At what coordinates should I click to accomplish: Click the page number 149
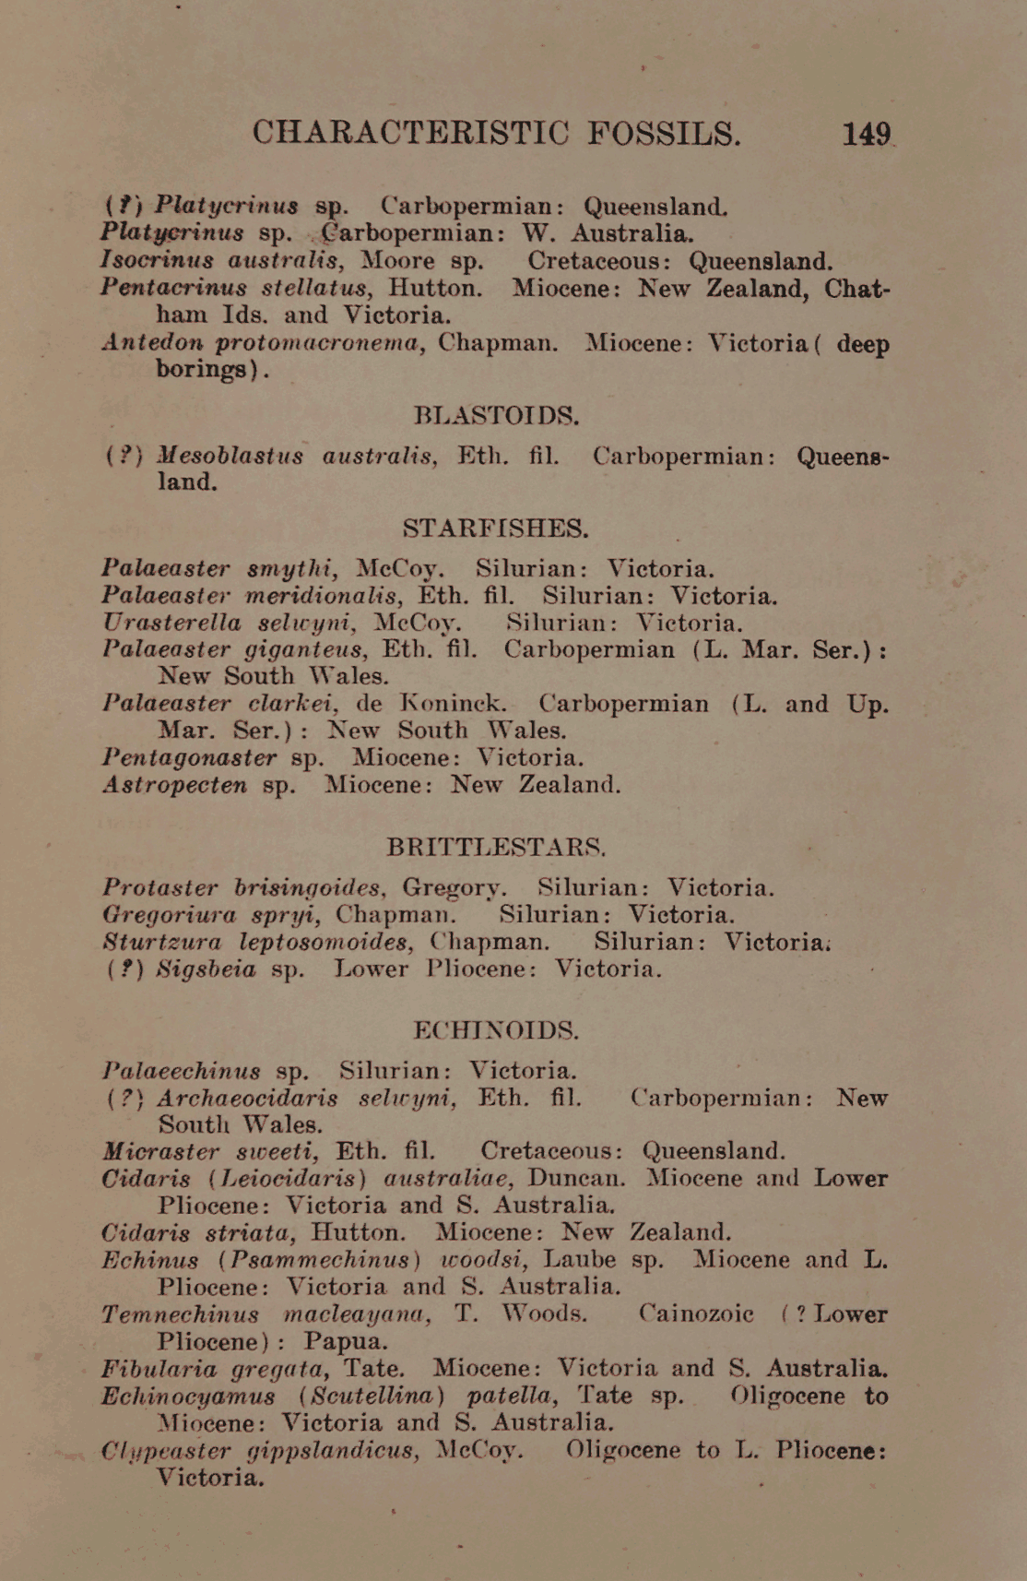click(x=866, y=135)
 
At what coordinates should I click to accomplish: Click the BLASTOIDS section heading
click(x=496, y=415)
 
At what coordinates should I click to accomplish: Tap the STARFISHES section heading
click(x=495, y=529)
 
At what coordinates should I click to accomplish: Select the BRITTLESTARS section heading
click(x=496, y=846)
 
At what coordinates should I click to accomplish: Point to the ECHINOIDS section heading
click(x=496, y=1029)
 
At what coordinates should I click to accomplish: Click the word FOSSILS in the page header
click(x=664, y=135)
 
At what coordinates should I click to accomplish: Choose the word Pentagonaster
click(x=189, y=758)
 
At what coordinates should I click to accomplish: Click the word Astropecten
click(x=174, y=785)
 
